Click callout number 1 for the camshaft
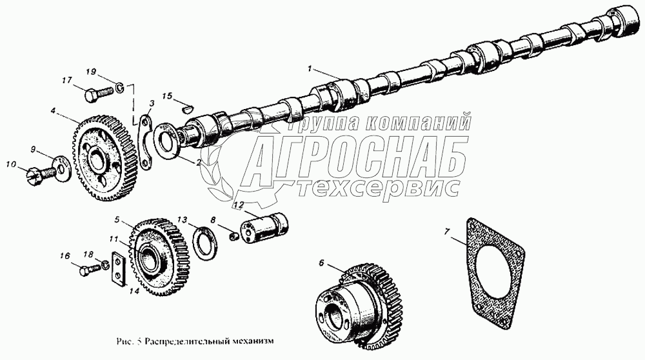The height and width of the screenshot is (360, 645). point(310,68)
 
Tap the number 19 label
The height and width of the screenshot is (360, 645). point(91,72)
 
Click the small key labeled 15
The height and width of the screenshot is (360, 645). point(187,109)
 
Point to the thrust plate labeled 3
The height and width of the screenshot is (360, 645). point(145,142)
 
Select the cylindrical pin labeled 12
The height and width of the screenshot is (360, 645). point(264,228)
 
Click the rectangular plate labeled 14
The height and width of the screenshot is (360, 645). point(119,268)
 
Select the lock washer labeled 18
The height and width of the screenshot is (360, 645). point(105,265)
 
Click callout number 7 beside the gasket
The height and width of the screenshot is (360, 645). point(448,231)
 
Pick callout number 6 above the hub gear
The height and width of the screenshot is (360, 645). point(322,262)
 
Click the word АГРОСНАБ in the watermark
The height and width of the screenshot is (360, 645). point(355,155)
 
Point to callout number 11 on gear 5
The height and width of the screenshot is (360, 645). point(114,239)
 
